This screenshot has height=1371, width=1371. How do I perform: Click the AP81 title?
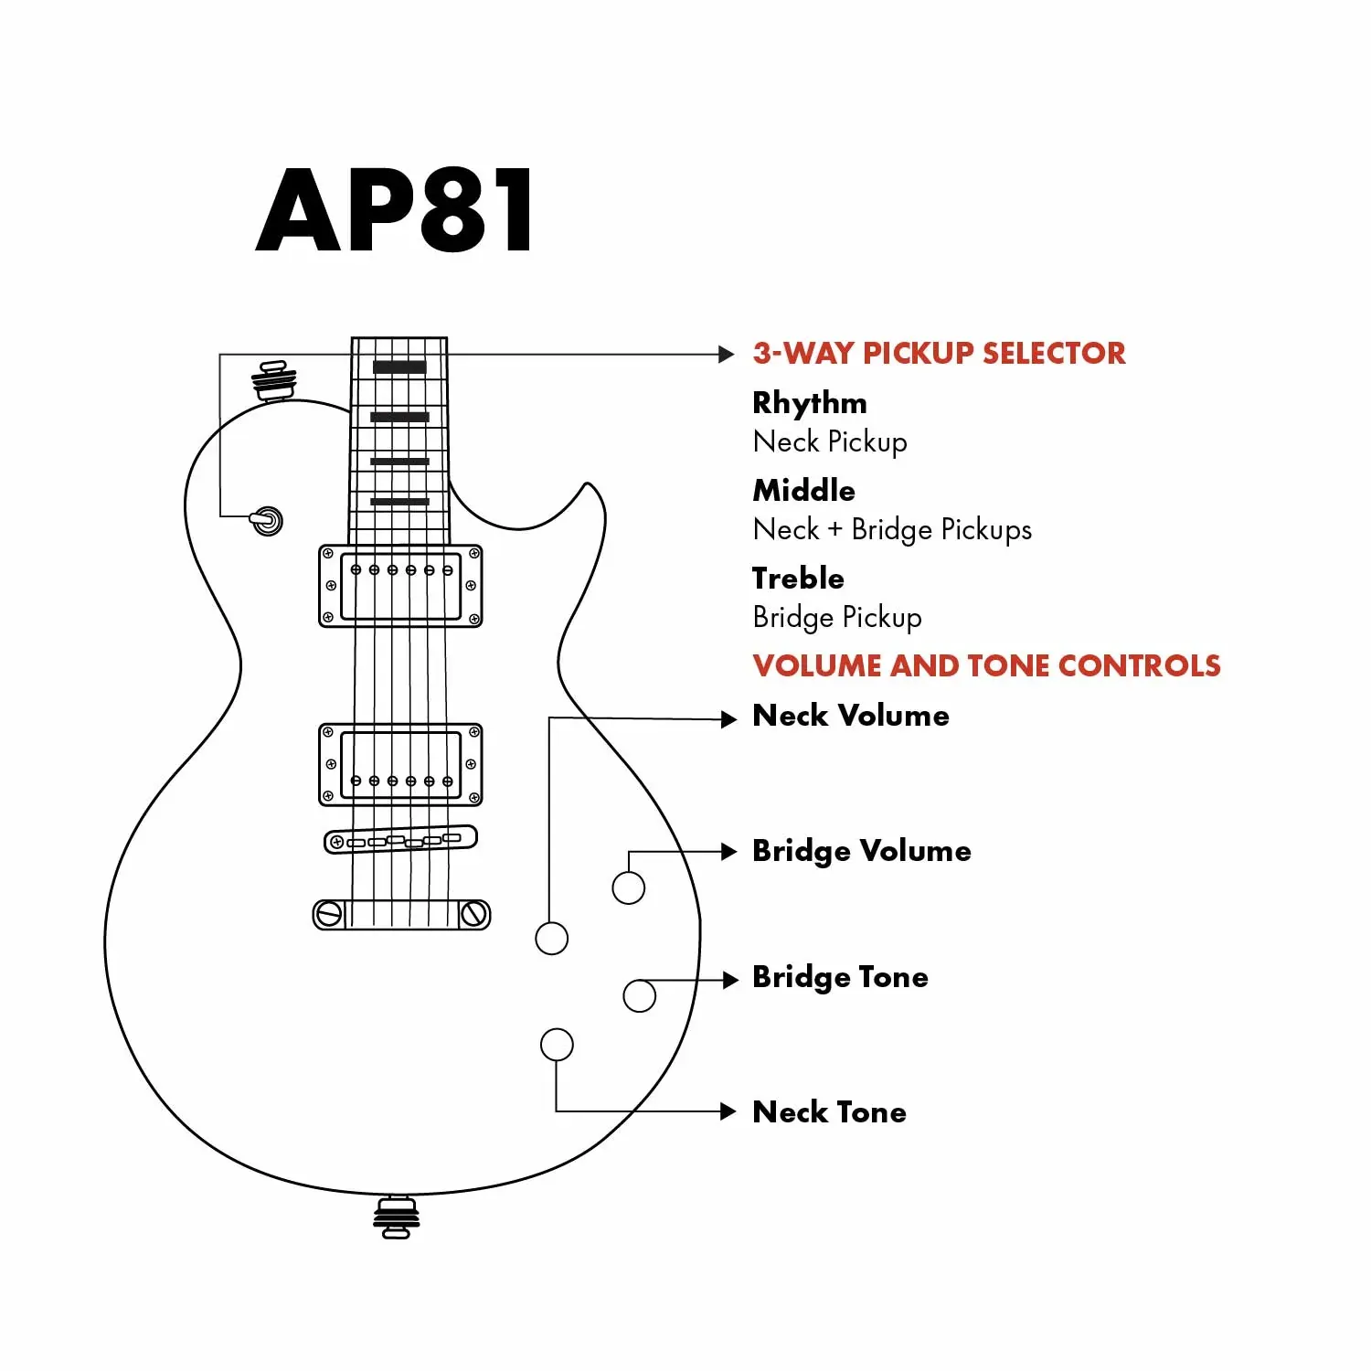(x=395, y=210)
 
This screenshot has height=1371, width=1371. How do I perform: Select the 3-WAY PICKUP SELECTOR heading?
(x=939, y=353)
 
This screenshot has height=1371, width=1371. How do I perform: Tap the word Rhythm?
(x=809, y=402)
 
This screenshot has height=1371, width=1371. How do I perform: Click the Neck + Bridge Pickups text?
(x=892, y=529)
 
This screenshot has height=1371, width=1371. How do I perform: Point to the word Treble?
(x=798, y=578)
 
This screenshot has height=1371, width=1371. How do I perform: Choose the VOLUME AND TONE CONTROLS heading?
(x=986, y=665)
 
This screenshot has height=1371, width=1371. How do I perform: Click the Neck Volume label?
(x=850, y=715)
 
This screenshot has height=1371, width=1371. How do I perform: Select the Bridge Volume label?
(x=861, y=850)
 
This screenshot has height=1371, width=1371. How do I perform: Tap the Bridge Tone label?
(x=840, y=976)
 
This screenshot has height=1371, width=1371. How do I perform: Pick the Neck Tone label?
(x=829, y=1111)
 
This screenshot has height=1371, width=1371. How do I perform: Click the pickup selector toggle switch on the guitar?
(x=267, y=521)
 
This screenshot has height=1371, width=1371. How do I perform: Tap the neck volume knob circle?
(x=551, y=938)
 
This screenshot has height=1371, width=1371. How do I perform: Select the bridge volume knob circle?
(x=628, y=887)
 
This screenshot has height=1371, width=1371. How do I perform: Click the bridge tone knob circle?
(x=639, y=995)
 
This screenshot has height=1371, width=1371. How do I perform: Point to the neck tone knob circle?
(x=557, y=1044)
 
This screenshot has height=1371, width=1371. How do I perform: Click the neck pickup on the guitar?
(x=400, y=586)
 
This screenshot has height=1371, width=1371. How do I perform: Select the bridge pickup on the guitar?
(x=400, y=764)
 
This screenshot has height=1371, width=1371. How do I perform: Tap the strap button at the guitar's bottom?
(x=396, y=1217)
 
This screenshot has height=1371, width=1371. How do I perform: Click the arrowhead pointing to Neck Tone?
(x=728, y=1111)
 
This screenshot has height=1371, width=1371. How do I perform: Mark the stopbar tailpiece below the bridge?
(x=401, y=914)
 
